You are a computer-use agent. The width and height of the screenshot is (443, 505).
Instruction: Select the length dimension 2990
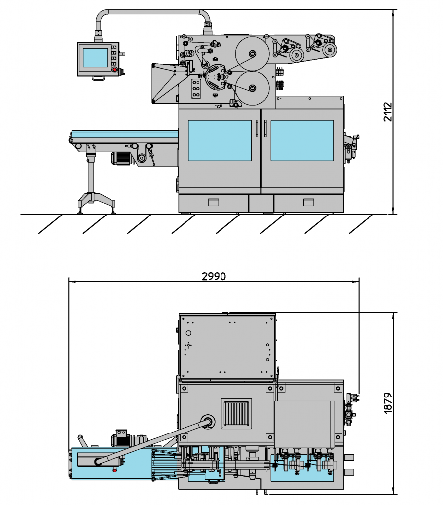[214, 276]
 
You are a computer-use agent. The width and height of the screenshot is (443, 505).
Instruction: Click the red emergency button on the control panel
[115, 70]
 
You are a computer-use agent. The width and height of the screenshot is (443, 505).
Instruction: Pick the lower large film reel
[252, 88]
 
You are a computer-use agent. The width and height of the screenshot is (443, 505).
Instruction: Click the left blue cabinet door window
[220, 141]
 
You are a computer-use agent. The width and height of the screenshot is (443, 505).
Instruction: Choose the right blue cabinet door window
[302, 141]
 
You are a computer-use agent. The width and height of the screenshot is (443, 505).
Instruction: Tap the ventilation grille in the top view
[237, 413]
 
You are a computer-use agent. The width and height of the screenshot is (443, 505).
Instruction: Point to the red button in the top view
[115, 469]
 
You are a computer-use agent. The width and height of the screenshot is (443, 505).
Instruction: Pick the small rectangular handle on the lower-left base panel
[213, 202]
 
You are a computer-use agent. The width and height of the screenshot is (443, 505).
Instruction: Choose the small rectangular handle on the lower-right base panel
[309, 202]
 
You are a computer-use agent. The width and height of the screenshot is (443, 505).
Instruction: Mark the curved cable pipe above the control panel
[153, 12]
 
